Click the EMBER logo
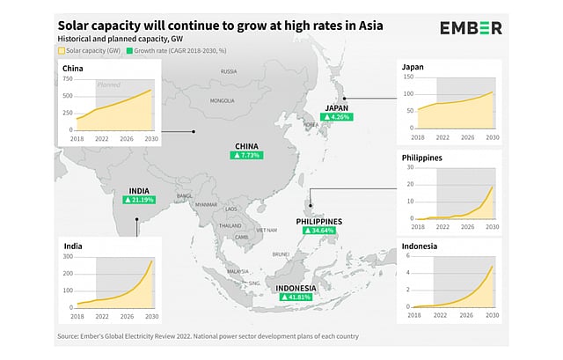pos(472,28)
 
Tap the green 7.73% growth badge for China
pos(246,155)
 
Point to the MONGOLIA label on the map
pos(222,100)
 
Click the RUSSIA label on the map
pos(229,70)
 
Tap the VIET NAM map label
pos(267,229)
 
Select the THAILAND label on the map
pos(230,225)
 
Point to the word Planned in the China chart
pos(108,85)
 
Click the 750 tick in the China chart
pos(69,78)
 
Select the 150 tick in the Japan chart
pos(408,79)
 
